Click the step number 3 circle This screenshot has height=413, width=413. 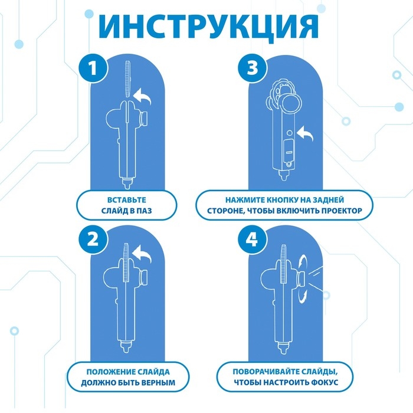[x=252, y=70]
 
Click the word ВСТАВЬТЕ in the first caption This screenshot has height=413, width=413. [x=127, y=200]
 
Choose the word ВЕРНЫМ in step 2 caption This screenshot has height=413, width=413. [x=153, y=382]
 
